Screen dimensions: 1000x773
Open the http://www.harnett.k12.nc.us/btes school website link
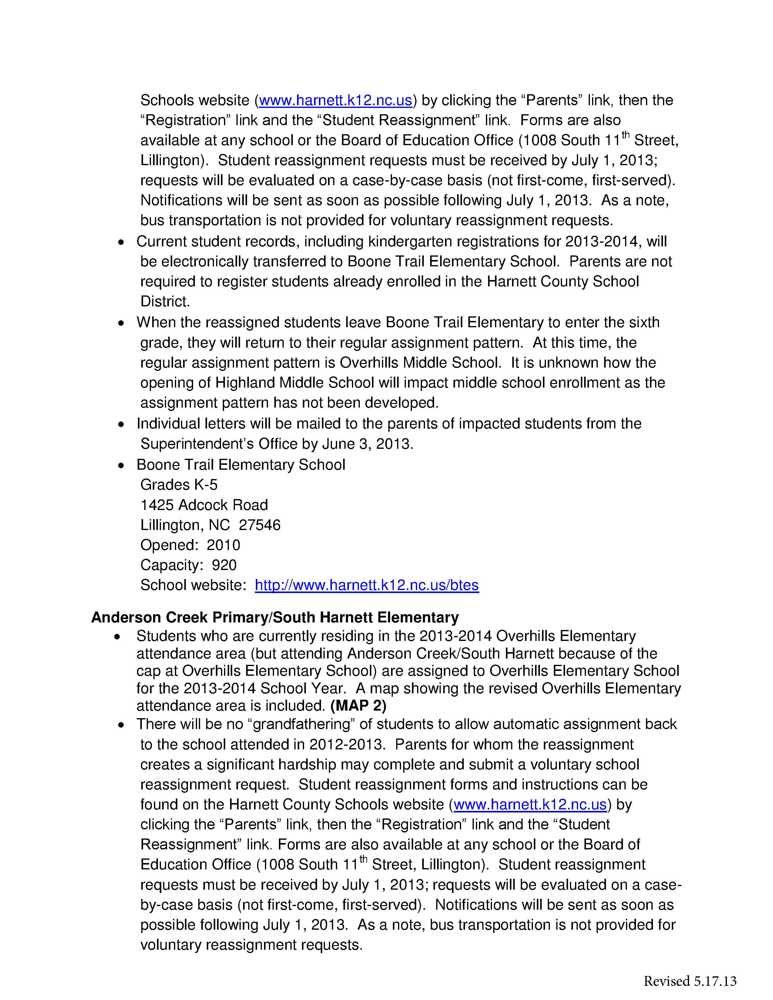[366, 585]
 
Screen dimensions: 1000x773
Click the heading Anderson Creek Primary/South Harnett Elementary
[275, 617]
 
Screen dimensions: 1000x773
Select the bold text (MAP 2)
[358, 705]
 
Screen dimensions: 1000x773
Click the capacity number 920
[224, 565]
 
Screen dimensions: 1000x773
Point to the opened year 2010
[223, 545]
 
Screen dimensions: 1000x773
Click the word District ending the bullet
[165, 301]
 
